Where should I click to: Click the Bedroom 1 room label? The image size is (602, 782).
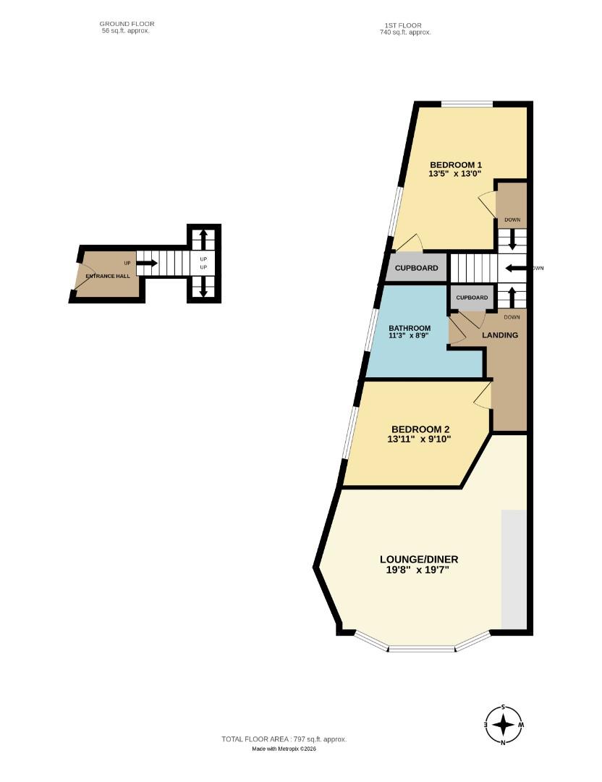455,164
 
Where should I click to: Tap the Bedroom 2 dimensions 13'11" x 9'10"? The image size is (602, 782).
419,438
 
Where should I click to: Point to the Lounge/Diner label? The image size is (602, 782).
419,559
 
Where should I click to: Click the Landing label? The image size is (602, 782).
500,335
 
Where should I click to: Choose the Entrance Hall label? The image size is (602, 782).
107,277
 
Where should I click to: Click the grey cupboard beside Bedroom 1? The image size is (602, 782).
416,268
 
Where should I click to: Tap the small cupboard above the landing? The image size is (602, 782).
472,298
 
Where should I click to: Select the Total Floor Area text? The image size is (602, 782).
284,739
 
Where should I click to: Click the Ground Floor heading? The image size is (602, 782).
127,24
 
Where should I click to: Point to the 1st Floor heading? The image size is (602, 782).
405,25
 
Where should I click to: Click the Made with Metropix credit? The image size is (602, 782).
284,749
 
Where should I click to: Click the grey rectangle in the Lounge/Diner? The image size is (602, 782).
514,569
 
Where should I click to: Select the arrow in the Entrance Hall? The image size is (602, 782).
145,263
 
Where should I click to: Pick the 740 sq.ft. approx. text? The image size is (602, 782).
405,33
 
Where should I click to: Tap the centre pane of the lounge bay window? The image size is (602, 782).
422,648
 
